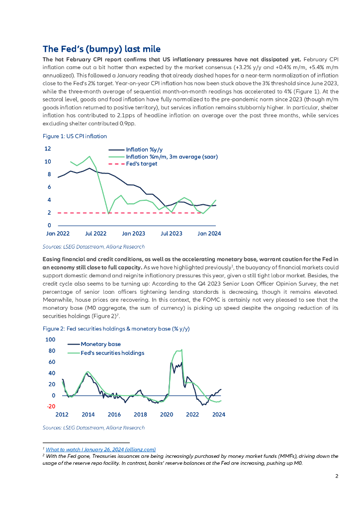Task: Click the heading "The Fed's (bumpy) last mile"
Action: click(101, 49)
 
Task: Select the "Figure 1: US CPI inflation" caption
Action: click(75, 136)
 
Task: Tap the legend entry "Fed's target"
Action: click(142, 164)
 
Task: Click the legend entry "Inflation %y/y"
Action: click(144, 149)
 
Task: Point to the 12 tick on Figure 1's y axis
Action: click(48, 149)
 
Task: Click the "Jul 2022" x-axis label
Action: click(96, 233)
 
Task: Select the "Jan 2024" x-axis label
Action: click(209, 233)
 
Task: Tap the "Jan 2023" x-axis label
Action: click(134, 233)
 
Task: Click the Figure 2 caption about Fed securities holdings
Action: click(116, 329)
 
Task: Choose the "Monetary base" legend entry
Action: click(100, 344)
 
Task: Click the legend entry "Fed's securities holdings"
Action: click(112, 353)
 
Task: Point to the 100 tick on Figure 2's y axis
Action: click(50, 339)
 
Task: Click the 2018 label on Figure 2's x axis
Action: click(141, 414)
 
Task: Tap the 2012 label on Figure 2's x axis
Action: click(62, 414)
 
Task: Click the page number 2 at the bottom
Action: click(337, 476)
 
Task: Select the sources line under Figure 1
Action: click(93, 247)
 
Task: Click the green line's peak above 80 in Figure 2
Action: click(182, 349)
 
